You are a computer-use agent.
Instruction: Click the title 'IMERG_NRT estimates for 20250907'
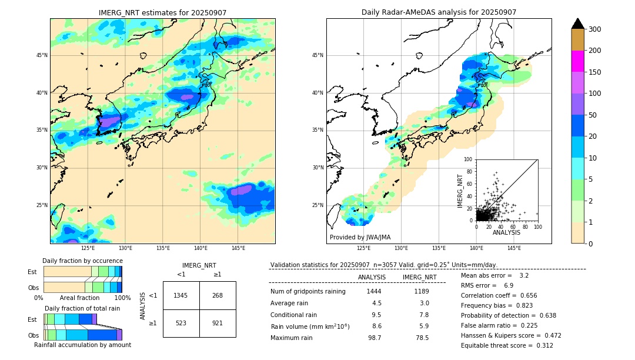pos(162,13)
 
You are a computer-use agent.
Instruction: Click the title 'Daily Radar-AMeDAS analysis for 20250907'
pos(439,12)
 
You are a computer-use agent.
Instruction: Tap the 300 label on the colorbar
pos(596,29)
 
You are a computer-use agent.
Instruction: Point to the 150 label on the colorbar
pos(596,72)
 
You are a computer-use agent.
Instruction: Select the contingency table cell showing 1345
pos(181,295)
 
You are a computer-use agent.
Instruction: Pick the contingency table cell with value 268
pos(218,295)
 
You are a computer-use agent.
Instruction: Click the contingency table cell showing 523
pos(181,323)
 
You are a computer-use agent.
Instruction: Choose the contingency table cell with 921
pos(218,323)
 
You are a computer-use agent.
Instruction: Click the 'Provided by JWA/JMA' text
pos(360,238)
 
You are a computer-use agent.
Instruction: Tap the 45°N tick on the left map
pos(42,55)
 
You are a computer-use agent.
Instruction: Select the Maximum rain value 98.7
pos(375,338)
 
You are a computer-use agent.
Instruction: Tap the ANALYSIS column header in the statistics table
pos(372,277)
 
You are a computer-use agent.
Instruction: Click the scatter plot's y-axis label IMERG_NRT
pos(461,190)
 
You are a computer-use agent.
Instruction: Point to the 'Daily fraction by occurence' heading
pos(82,261)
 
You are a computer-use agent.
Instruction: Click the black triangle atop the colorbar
pos(578,24)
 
